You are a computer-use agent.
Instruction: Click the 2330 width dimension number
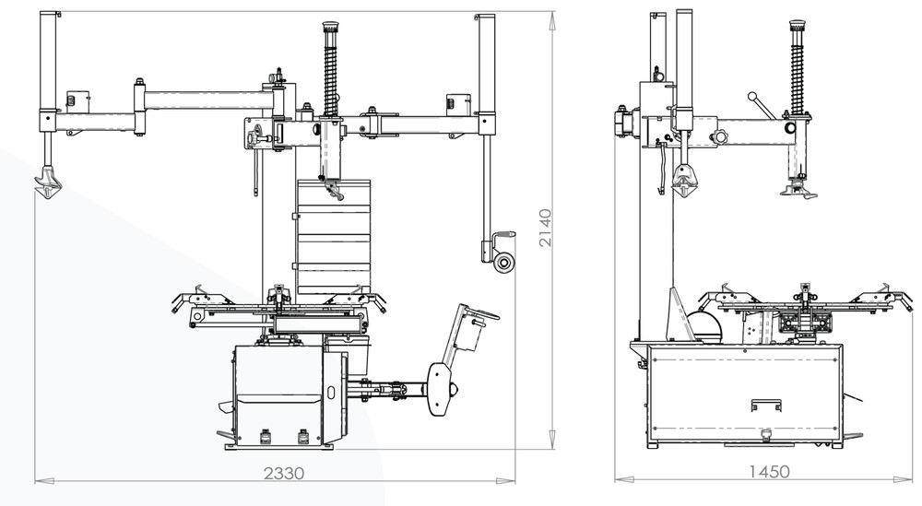point(284,473)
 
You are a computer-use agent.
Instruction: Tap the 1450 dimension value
point(768,472)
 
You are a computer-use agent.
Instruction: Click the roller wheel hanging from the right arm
point(502,264)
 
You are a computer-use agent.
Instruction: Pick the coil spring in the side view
point(798,70)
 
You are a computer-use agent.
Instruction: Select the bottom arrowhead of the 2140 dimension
point(552,442)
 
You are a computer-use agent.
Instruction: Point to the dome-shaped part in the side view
point(702,325)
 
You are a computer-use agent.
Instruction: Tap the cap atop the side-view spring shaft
point(798,25)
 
